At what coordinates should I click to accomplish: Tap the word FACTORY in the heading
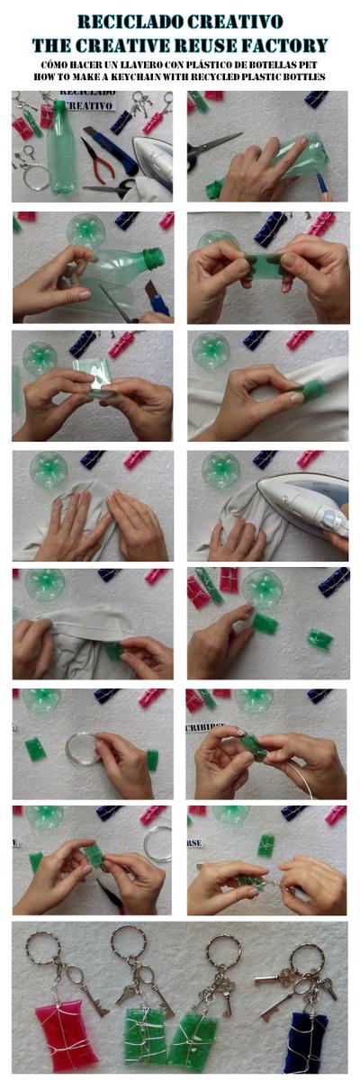tap(287, 44)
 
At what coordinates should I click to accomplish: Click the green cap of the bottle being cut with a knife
tap(154, 258)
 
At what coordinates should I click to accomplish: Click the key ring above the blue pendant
tap(307, 958)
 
